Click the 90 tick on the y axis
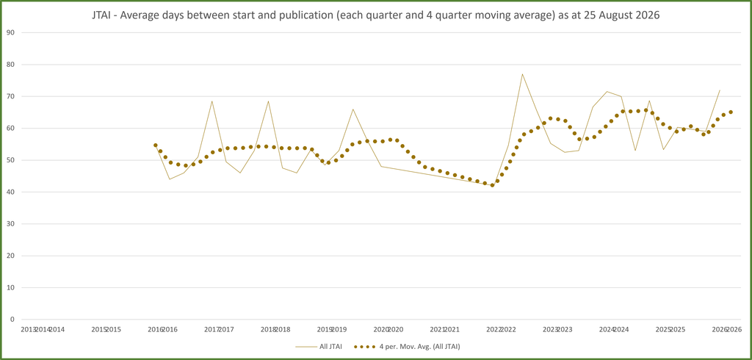coord(10,32)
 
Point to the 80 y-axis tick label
coord(10,65)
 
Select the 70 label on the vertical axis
coord(10,96)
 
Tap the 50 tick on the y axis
coord(10,160)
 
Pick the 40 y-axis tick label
coord(10,192)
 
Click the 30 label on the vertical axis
coord(10,224)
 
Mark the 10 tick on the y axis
coord(10,288)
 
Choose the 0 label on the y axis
coord(12,320)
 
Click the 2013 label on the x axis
coord(28,330)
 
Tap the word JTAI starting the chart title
coord(101,15)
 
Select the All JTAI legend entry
coord(319,346)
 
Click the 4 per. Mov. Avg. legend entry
coord(407,346)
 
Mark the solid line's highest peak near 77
coord(522,74)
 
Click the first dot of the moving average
coord(156,145)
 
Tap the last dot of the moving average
coord(731,112)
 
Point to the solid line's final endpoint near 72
coord(720,90)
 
